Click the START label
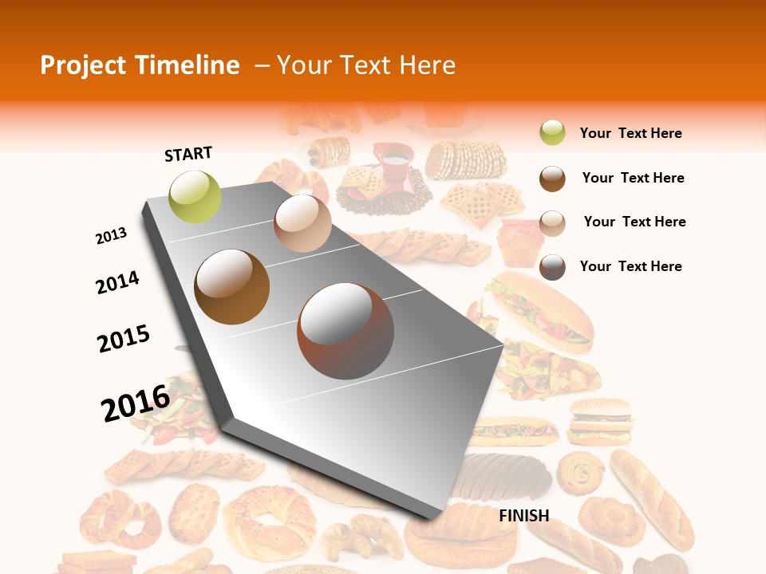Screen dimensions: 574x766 coord(188,154)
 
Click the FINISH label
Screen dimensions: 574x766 coord(524,516)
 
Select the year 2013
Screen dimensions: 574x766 coord(112,236)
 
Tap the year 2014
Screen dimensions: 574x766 coord(117,282)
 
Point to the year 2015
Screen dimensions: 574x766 coord(124,339)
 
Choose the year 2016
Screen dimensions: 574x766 coord(136,403)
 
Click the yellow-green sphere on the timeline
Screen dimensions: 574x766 coord(195,196)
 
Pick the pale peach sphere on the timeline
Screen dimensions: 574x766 coord(302,224)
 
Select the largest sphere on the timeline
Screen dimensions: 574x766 coord(345,331)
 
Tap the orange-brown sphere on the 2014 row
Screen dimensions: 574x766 coord(231,287)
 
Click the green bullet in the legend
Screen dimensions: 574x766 coord(552,133)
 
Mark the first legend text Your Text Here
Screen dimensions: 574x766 coord(630,133)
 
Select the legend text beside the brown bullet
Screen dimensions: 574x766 coord(633,178)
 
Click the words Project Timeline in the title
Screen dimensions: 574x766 coord(140,65)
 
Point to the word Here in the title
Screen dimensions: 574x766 coord(427,65)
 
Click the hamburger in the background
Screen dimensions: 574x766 coord(600,422)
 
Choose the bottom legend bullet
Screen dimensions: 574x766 coord(552,267)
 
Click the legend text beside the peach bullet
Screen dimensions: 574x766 coord(634,222)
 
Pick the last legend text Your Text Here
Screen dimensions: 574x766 coord(630,266)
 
